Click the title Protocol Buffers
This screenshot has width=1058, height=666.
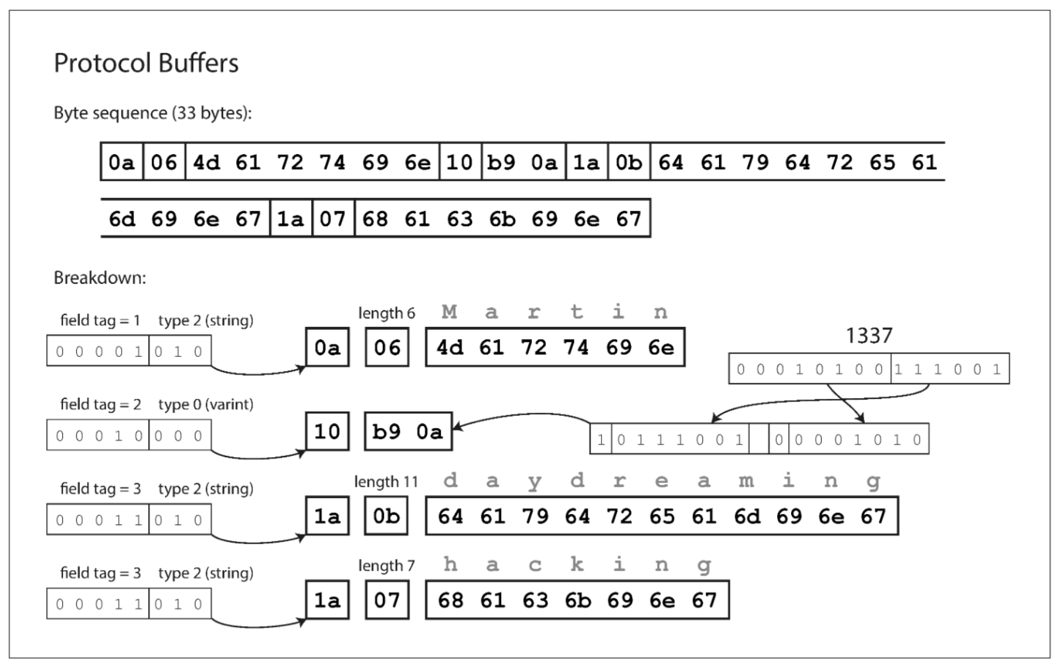(x=146, y=63)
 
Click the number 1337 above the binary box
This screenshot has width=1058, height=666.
(x=868, y=335)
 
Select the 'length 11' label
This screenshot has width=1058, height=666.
(x=386, y=482)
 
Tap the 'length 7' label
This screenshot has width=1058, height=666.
(x=386, y=566)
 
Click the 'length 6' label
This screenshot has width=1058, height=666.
(x=386, y=313)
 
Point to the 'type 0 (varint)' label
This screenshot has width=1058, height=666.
(x=206, y=404)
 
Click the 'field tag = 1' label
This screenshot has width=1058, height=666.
(x=100, y=320)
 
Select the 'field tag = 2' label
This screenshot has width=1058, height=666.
(x=100, y=404)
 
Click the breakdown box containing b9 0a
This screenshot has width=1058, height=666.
(x=408, y=431)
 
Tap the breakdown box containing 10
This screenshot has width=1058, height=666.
(x=327, y=431)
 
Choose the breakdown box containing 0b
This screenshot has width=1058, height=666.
(x=386, y=516)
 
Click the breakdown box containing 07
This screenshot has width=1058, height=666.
(x=387, y=600)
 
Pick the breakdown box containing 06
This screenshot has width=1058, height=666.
(x=387, y=347)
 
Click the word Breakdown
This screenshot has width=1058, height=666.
(x=100, y=278)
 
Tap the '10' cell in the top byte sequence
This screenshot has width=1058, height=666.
(x=459, y=162)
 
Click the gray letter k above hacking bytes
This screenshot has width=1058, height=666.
(x=577, y=565)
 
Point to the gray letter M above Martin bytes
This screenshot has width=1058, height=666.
(x=449, y=312)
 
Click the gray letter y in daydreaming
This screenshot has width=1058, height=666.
(x=534, y=481)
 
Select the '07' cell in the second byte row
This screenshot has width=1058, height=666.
(x=333, y=218)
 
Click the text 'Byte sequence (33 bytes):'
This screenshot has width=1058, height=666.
(x=152, y=113)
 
